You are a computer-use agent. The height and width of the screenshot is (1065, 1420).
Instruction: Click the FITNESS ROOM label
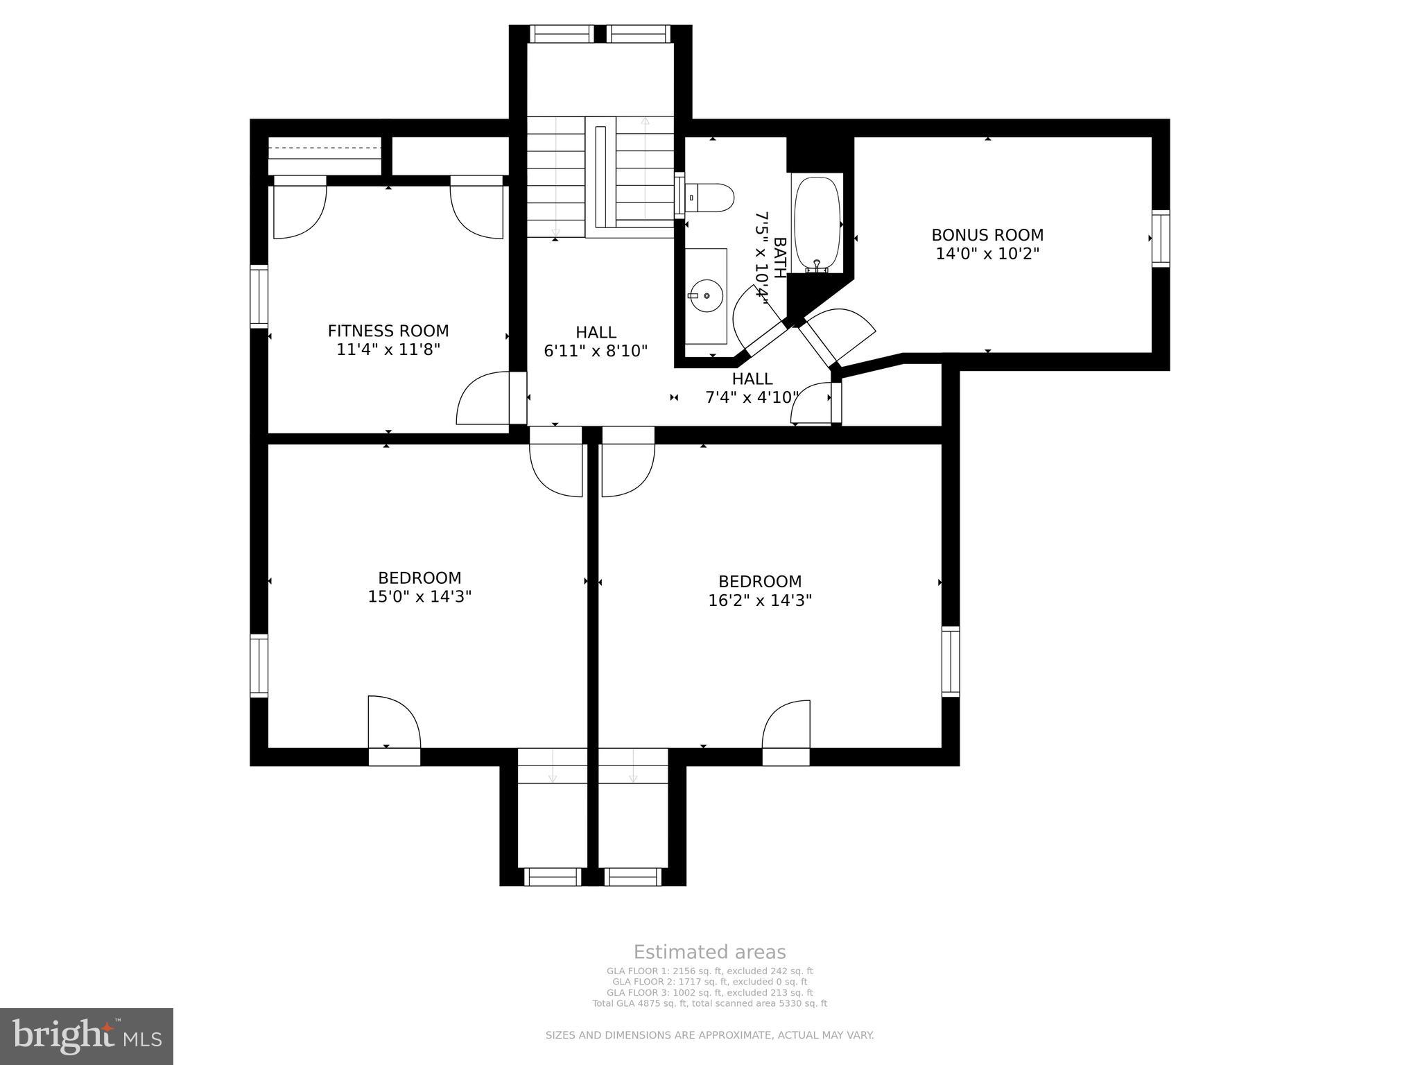388,331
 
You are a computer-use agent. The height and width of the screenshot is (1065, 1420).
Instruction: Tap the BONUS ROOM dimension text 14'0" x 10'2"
987,254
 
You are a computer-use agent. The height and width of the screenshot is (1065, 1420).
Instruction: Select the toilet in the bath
709,197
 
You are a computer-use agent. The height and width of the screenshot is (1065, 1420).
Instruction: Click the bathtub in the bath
817,223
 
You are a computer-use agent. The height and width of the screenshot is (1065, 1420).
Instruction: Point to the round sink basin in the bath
707,296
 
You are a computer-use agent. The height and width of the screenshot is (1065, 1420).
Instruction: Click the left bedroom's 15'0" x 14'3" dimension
419,596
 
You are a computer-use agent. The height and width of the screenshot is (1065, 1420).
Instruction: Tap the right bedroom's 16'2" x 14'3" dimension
759,600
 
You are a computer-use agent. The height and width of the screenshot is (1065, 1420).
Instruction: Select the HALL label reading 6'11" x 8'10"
596,351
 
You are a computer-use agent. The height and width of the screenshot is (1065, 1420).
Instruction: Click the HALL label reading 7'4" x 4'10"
752,397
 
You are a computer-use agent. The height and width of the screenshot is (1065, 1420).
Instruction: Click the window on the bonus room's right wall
1161,238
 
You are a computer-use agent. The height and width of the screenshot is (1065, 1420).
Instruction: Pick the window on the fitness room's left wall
259,296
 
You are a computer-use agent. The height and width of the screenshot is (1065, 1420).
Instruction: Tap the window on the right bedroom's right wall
951,661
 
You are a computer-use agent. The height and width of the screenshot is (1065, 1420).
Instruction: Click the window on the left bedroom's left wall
259,665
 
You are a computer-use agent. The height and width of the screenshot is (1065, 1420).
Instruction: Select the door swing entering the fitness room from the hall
483,398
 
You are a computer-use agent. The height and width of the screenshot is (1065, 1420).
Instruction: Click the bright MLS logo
87,1036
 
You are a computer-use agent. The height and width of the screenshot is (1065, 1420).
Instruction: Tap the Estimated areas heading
709,952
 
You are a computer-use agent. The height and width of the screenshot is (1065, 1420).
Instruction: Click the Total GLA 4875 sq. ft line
709,1003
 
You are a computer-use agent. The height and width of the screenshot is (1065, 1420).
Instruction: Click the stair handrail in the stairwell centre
601,176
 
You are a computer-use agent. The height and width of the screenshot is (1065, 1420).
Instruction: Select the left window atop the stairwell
562,33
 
